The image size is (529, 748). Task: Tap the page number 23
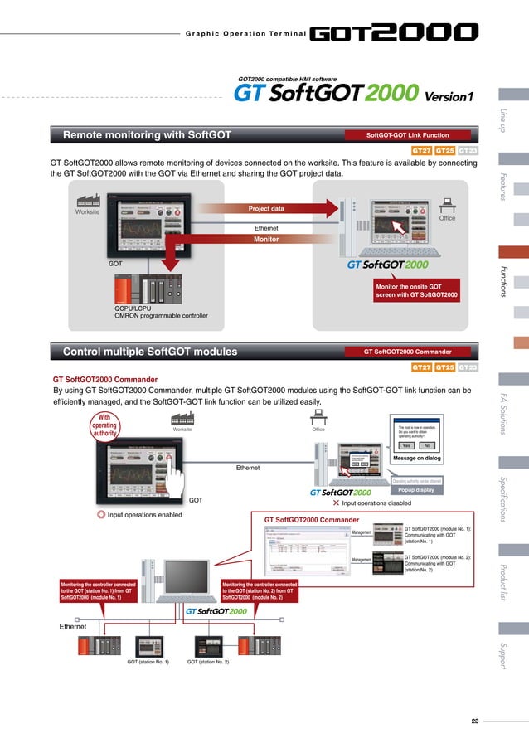coord(475,721)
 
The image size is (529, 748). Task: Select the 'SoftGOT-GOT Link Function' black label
coord(408,134)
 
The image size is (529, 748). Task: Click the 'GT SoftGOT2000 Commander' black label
coord(408,352)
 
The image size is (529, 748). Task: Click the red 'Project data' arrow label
coord(266,209)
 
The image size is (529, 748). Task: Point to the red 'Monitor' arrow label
coord(266,239)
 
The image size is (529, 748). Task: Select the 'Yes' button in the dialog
coord(405,445)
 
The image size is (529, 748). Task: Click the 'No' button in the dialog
coord(426,445)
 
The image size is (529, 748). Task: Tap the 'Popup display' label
coord(416,489)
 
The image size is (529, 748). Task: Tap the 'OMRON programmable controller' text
coord(161,316)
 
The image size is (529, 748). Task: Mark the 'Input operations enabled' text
coord(144,516)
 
